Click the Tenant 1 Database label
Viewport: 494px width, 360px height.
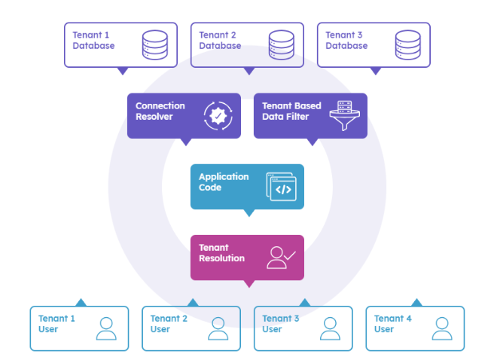click(93, 41)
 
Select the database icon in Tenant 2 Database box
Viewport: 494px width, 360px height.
click(281, 44)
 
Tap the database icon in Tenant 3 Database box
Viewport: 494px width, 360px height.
click(407, 44)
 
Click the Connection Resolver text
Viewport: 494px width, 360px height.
click(160, 111)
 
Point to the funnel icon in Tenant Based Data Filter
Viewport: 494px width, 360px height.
click(346, 116)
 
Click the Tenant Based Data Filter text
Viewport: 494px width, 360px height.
click(291, 111)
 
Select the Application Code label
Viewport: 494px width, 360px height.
click(223, 182)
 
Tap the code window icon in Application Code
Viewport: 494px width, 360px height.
click(282, 187)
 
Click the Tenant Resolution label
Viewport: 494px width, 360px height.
click(221, 253)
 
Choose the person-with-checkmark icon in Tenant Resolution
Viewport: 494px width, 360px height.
click(281, 258)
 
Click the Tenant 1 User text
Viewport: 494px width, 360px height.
click(56, 324)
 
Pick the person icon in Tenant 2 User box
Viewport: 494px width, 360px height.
click(218, 328)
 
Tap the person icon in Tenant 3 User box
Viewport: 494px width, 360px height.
click(330, 328)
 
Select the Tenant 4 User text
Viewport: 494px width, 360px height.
click(392, 324)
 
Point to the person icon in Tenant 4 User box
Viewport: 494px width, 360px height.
click(442, 328)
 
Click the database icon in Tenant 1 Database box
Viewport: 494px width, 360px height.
click(154, 44)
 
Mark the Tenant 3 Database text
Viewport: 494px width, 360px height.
click(346, 41)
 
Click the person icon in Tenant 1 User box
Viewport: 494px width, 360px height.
click(106, 328)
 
